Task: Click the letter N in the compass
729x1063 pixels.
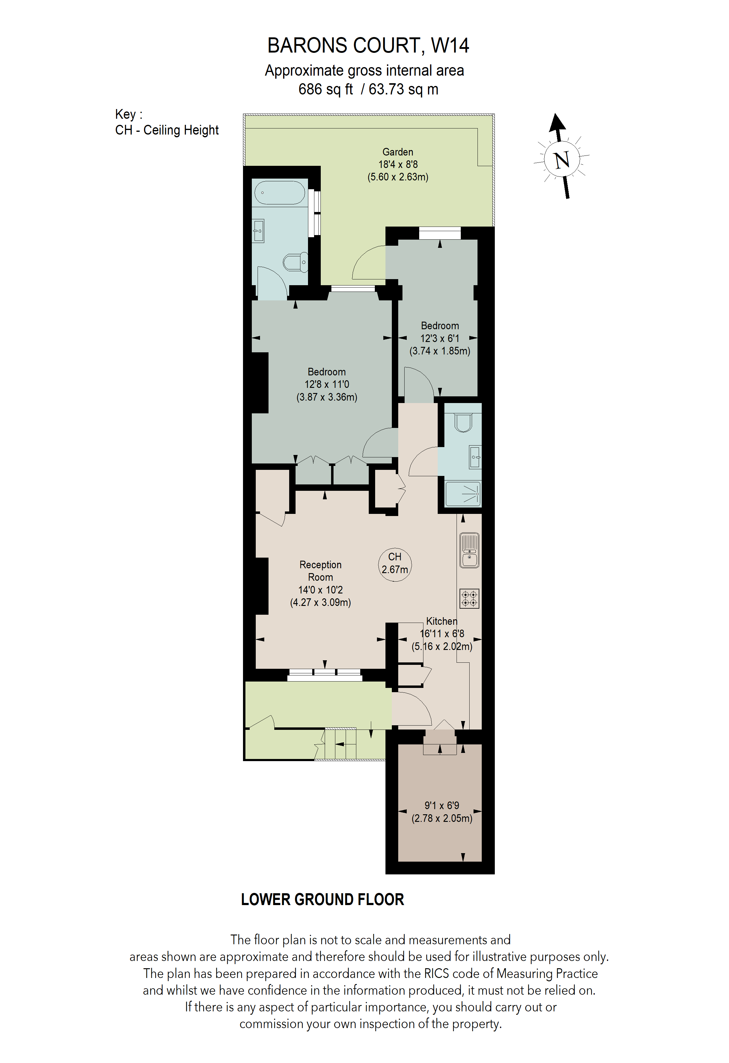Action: pos(562,160)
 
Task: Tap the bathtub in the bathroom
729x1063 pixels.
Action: pos(279,193)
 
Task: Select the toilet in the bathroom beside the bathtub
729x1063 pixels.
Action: pos(294,262)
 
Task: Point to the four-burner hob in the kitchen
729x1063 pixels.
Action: pos(469,598)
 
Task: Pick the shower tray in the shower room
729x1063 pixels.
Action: pos(463,494)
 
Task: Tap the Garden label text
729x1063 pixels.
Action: pos(397,152)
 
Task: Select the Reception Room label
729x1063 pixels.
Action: pos(320,571)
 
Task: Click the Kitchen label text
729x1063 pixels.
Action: pos(441,621)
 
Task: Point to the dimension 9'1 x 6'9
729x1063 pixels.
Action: pos(441,805)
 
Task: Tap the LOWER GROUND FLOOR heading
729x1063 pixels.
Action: pos(322,899)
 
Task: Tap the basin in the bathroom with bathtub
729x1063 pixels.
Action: pos(258,231)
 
